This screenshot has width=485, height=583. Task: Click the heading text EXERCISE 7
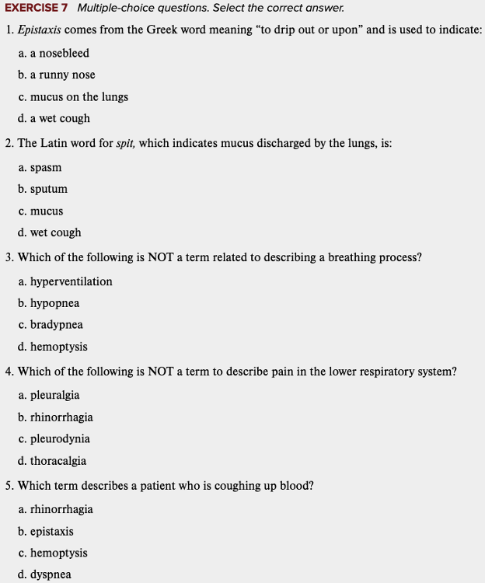(36, 8)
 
